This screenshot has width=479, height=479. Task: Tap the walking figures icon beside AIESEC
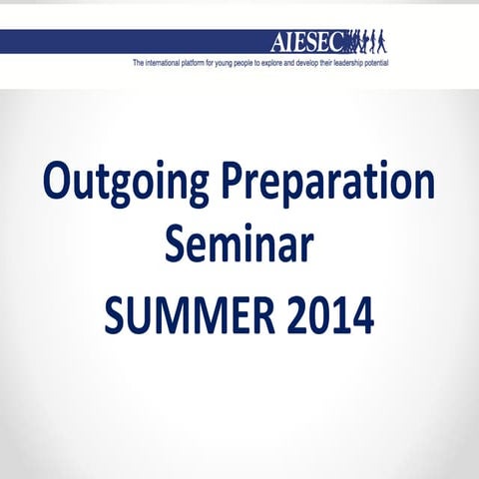click(x=368, y=41)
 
